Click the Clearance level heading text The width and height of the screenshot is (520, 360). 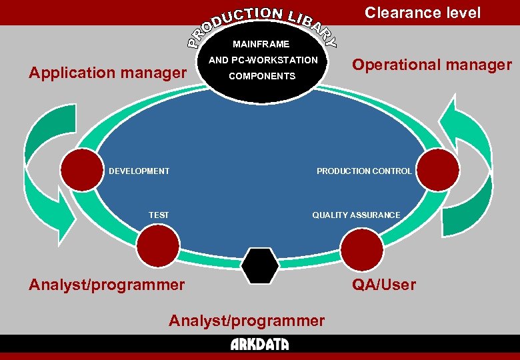pos(423,13)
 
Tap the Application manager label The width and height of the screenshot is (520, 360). pos(107,72)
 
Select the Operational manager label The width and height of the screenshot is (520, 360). pos(432,65)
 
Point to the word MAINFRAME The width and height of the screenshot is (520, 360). pos(261,44)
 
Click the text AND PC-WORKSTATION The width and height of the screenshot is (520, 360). pos(263,60)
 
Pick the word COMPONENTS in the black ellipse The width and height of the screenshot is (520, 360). pos(262,76)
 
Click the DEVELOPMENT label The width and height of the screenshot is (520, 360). pos(139,171)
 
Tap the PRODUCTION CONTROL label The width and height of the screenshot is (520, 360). pos(364,171)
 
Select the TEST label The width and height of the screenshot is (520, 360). pos(159,215)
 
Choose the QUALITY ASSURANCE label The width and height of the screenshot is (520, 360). pos(357,215)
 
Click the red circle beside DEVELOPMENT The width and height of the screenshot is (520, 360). pos(81,171)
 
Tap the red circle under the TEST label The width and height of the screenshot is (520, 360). pos(158,247)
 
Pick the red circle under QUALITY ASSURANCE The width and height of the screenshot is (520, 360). pos(362,249)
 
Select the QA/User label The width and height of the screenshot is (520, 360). pos(384,285)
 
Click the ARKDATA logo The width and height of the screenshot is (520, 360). pos(260,344)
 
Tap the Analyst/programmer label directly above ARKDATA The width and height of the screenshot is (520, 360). pos(247,321)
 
